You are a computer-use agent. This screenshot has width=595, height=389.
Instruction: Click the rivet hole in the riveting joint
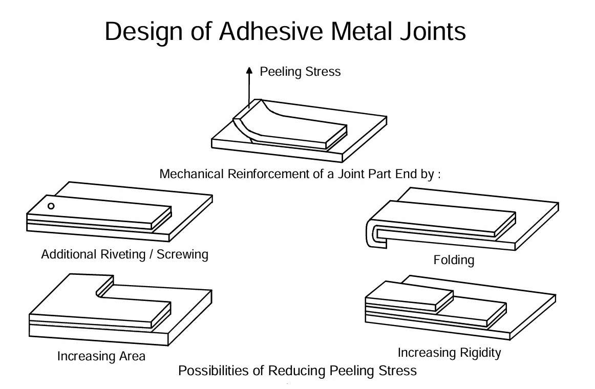click(51, 206)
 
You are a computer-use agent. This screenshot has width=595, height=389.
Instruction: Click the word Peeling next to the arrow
click(280, 71)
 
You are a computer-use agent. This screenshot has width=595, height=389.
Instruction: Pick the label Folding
click(454, 260)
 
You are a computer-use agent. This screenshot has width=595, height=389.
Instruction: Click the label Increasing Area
click(101, 355)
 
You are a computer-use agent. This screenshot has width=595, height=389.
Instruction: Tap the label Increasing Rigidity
click(449, 352)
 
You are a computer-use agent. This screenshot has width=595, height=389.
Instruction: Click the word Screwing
click(183, 254)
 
